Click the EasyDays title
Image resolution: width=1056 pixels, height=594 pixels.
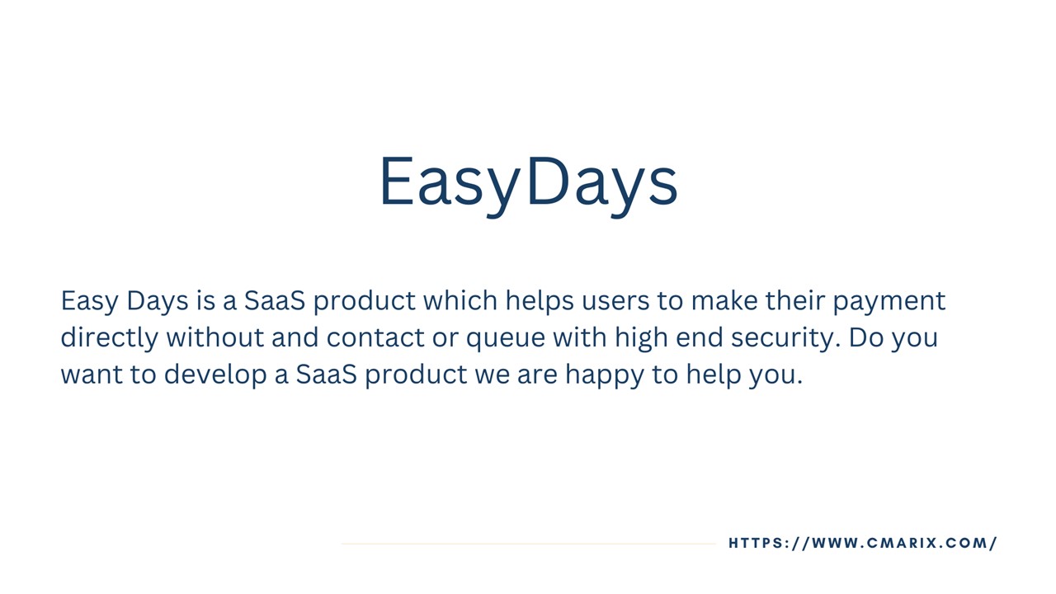point(528,182)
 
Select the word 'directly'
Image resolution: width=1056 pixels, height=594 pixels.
point(109,338)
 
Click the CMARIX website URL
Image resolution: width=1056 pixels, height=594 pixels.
point(863,543)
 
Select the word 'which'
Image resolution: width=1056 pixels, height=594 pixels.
point(460,301)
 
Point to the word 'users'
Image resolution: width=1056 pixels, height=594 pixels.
point(615,301)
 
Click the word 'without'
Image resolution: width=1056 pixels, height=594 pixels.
point(214,338)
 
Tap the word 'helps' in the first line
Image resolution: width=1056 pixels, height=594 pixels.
point(540,301)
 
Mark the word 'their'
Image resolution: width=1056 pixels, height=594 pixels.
point(794,301)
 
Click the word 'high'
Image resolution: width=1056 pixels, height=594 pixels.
point(641,338)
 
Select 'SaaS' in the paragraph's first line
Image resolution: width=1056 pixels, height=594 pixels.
point(274,301)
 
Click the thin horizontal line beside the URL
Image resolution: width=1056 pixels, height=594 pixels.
point(528,544)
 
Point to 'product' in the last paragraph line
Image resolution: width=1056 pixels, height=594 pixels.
point(416,375)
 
